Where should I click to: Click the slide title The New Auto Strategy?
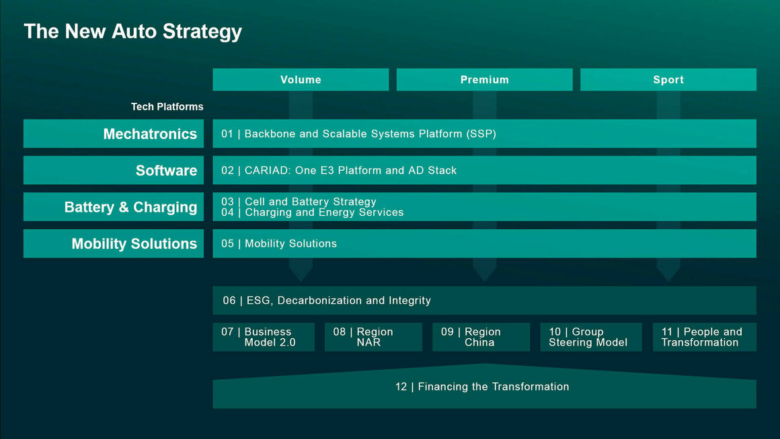click(x=132, y=32)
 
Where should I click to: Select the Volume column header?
click(x=301, y=79)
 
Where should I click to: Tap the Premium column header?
click(x=484, y=79)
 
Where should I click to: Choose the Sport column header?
click(x=668, y=79)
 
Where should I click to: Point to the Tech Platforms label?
click(x=167, y=106)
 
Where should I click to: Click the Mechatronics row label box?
click(x=114, y=134)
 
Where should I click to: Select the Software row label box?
click(x=114, y=170)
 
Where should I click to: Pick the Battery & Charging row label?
click(x=114, y=207)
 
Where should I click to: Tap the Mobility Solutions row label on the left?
click(x=114, y=243)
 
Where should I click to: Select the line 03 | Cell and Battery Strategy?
click(x=299, y=202)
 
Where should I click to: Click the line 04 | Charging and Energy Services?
click(x=313, y=212)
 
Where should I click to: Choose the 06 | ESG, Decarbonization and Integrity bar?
click(x=484, y=301)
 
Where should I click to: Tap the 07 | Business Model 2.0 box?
click(x=264, y=337)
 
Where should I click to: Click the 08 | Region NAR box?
click(x=373, y=337)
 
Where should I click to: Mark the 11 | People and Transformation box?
click(x=704, y=337)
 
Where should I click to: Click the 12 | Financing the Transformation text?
click(x=482, y=387)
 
